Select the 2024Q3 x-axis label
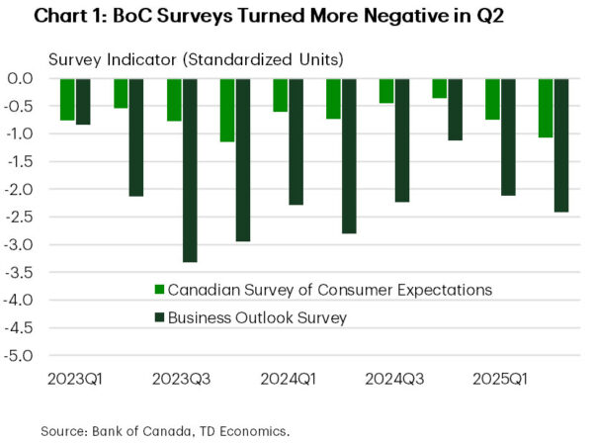point(394,379)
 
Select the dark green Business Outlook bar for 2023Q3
point(190,170)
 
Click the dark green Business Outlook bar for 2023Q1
point(83,102)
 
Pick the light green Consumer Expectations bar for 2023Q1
point(67,99)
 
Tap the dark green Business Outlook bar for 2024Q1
point(296,141)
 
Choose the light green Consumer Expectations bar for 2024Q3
point(386,91)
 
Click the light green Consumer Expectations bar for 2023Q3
point(174,99)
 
